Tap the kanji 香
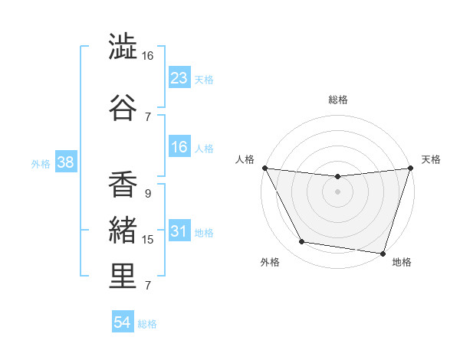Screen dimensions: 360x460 [123, 185]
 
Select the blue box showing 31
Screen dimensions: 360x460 [179, 231]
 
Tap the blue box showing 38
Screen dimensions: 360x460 [65, 162]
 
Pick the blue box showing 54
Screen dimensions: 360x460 [123, 322]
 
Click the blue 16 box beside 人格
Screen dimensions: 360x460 [179, 147]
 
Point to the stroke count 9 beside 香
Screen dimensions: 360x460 [147, 194]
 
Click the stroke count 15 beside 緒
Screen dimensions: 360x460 [148, 240]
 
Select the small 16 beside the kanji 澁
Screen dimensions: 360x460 [148, 56]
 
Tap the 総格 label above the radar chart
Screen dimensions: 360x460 [338, 100]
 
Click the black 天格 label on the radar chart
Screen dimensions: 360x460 [431, 159]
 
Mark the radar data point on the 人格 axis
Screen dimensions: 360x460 [264, 168]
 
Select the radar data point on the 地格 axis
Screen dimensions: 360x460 [383, 253]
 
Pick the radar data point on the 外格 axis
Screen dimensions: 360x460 [302, 242]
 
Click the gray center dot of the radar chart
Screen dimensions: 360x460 [337, 191]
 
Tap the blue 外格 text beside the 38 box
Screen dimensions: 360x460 [41, 163]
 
